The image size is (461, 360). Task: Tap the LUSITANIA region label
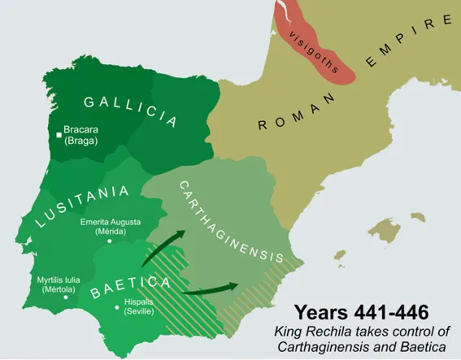coord(81,206)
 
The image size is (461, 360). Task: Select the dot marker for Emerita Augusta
coord(111,241)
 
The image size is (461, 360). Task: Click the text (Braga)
coord(78,141)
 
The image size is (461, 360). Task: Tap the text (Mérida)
coord(111,232)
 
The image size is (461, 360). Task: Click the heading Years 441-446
coord(357,313)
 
